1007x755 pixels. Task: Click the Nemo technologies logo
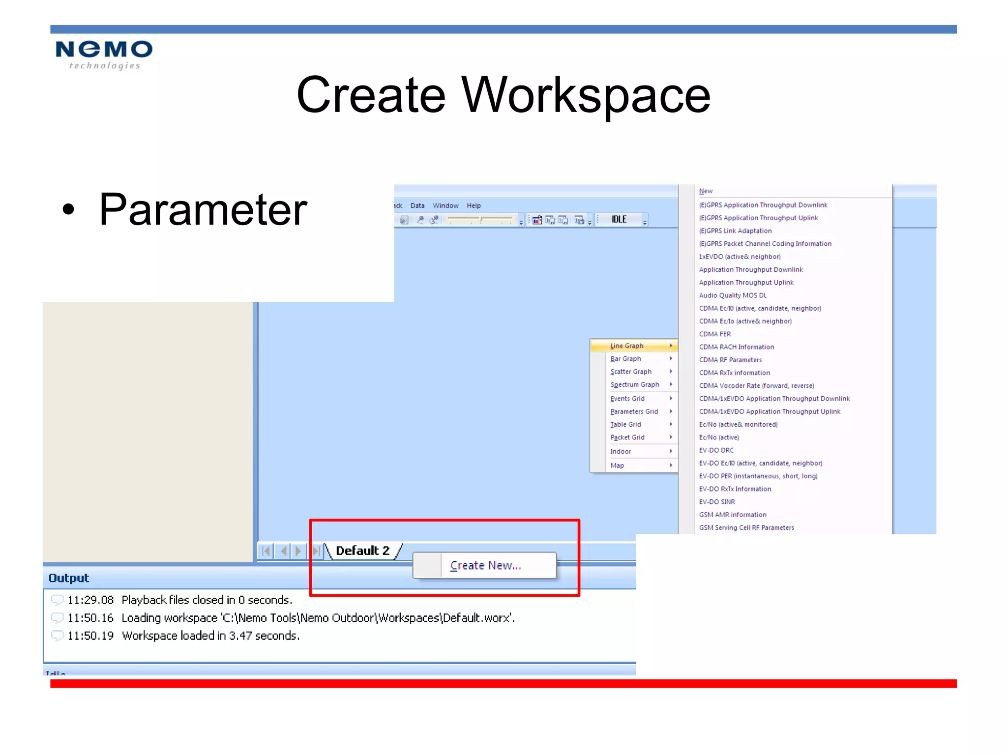pyautogui.click(x=104, y=55)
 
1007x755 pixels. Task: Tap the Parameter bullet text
pyautogui.click(x=203, y=210)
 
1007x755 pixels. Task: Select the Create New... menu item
pyautogui.click(x=485, y=565)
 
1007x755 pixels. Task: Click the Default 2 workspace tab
pyautogui.click(x=362, y=551)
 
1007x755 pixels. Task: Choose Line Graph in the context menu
pyautogui.click(x=627, y=346)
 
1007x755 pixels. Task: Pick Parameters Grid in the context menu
pyautogui.click(x=634, y=411)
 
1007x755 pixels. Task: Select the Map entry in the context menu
pyautogui.click(x=617, y=465)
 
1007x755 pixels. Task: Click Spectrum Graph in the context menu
pyautogui.click(x=634, y=384)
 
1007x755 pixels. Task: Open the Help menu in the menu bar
pyautogui.click(x=474, y=205)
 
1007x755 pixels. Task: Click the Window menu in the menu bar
pyautogui.click(x=445, y=205)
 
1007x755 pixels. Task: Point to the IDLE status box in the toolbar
pyautogui.click(x=619, y=219)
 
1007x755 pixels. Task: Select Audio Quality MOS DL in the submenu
pyautogui.click(x=733, y=295)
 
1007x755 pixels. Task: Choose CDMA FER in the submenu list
pyautogui.click(x=715, y=334)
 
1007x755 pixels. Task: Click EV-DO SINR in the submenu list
pyautogui.click(x=717, y=502)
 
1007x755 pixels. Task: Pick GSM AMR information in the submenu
pyautogui.click(x=733, y=515)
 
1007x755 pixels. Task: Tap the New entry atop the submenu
pyautogui.click(x=706, y=191)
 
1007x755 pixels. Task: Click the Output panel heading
pyautogui.click(x=69, y=578)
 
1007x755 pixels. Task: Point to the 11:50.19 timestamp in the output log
pyautogui.click(x=90, y=636)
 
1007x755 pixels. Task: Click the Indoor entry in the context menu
pyautogui.click(x=621, y=451)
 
